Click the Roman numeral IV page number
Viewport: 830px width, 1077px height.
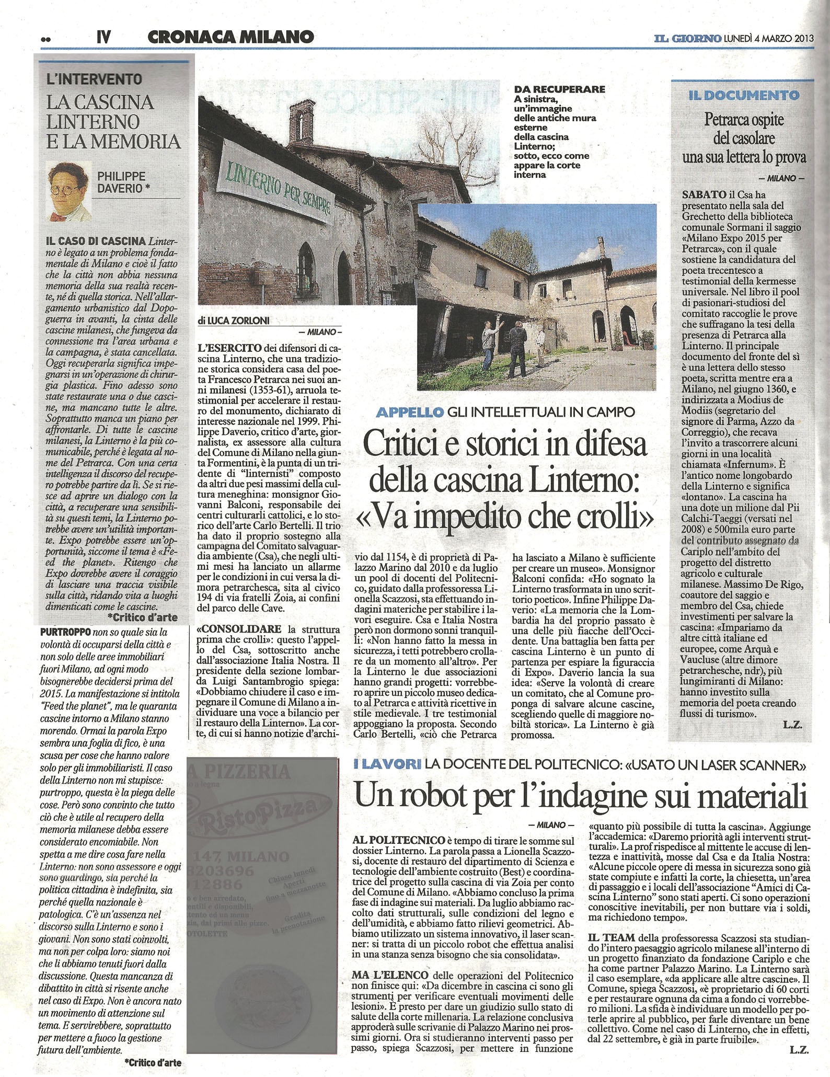[x=104, y=37]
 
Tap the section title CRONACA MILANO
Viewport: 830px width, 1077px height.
[x=230, y=37]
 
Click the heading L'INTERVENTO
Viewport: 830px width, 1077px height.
[x=95, y=79]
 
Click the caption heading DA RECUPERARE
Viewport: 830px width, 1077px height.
[x=559, y=89]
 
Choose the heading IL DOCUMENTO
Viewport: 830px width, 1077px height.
[x=744, y=95]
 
